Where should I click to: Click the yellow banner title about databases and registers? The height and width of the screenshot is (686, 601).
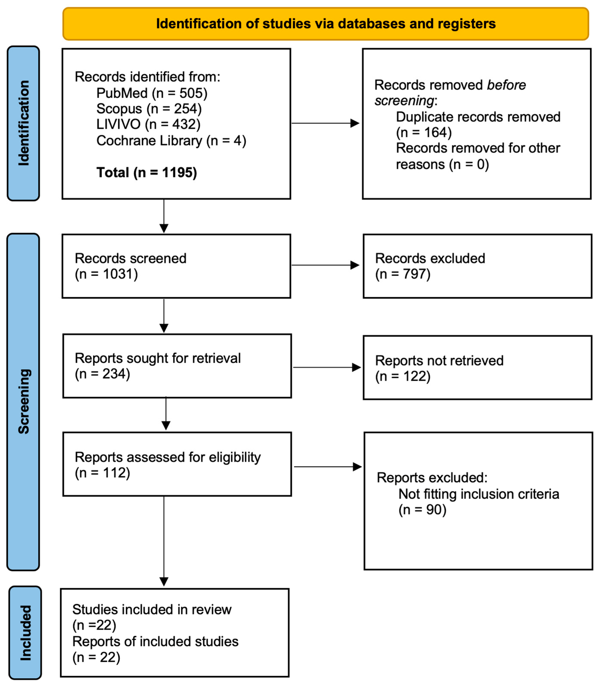326,24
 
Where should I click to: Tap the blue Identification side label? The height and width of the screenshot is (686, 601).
23,123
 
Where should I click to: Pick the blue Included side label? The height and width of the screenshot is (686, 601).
25,632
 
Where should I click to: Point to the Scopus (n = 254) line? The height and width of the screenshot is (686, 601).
149,109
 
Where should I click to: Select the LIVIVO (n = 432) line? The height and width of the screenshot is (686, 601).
148,124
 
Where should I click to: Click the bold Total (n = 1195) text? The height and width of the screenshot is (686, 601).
147,172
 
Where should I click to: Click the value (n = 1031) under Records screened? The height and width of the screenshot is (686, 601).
106,274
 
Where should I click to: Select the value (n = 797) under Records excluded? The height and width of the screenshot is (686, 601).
402,274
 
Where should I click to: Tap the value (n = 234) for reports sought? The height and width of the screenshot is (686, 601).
102,374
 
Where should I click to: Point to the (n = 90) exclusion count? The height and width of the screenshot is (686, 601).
422,510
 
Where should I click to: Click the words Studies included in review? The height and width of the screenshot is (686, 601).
152,609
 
